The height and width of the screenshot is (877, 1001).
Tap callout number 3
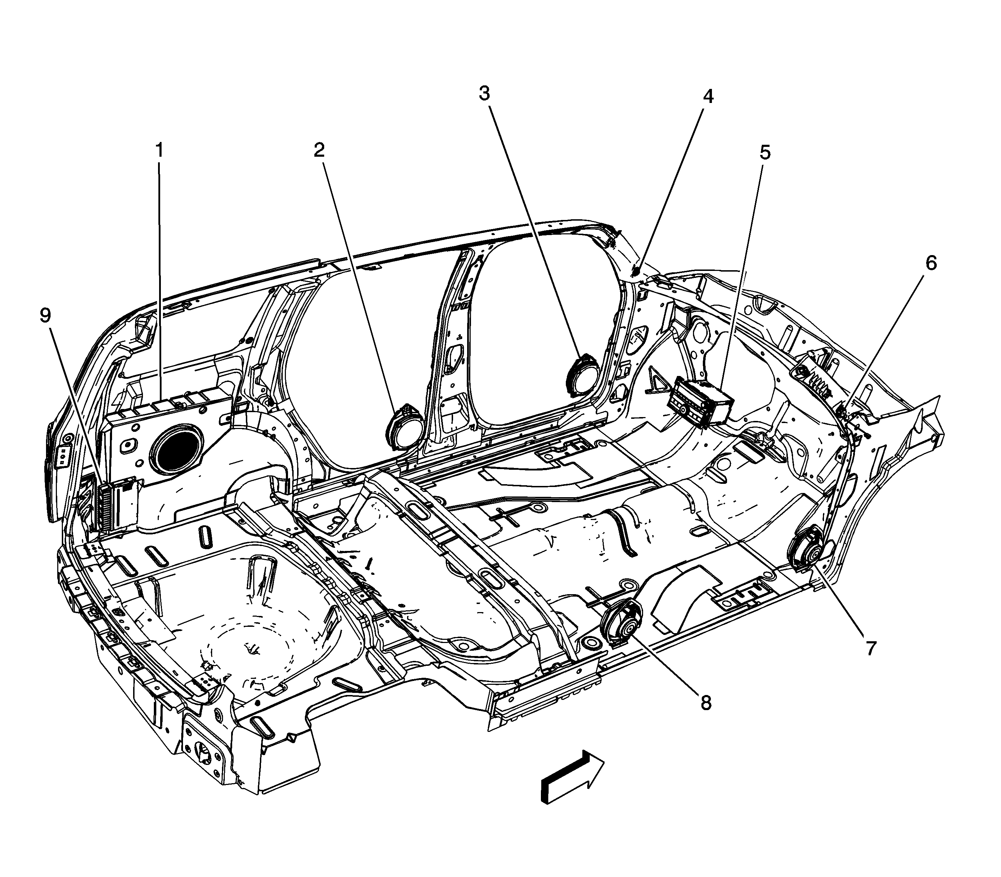484,93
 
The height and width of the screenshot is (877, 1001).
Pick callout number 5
765,153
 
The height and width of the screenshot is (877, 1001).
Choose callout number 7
870,649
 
